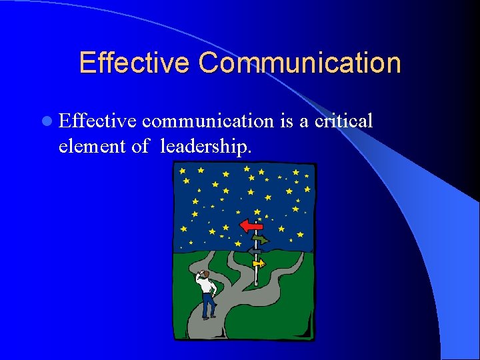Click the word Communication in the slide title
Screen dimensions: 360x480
pyautogui.click(x=299, y=63)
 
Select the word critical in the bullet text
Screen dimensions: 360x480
pyautogui.click(x=344, y=121)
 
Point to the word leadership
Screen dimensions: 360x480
pyautogui.click(x=206, y=146)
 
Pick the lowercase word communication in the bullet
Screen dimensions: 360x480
pyautogui.click(x=207, y=121)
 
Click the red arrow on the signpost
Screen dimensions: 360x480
pyautogui.click(x=251, y=225)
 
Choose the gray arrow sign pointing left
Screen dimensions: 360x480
pyautogui.click(x=253, y=251)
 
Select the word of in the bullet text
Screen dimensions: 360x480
pyautogui.click(x=140, y=146)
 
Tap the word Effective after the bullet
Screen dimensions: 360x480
pyautogui.click(x=98, y=121)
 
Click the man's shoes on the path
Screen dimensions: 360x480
pyautogui.click(x=209, y=317)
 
